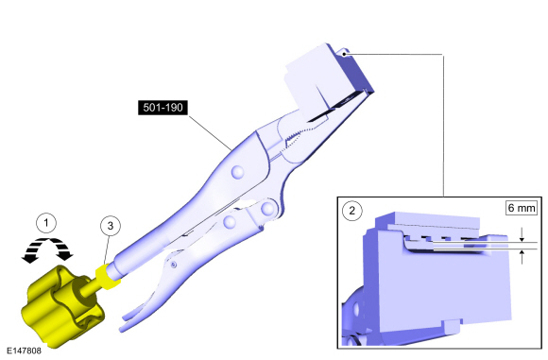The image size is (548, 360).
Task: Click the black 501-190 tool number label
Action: [x=163, y=108]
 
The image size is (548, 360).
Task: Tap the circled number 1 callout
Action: [x=46, y=223]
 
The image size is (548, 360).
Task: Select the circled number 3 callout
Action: [x=111, y=226]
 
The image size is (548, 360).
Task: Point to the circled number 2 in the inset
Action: [x=351, y=211]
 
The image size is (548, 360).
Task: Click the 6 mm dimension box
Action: [x=522, y=208]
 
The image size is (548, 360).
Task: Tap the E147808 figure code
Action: [x=24, y=351]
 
